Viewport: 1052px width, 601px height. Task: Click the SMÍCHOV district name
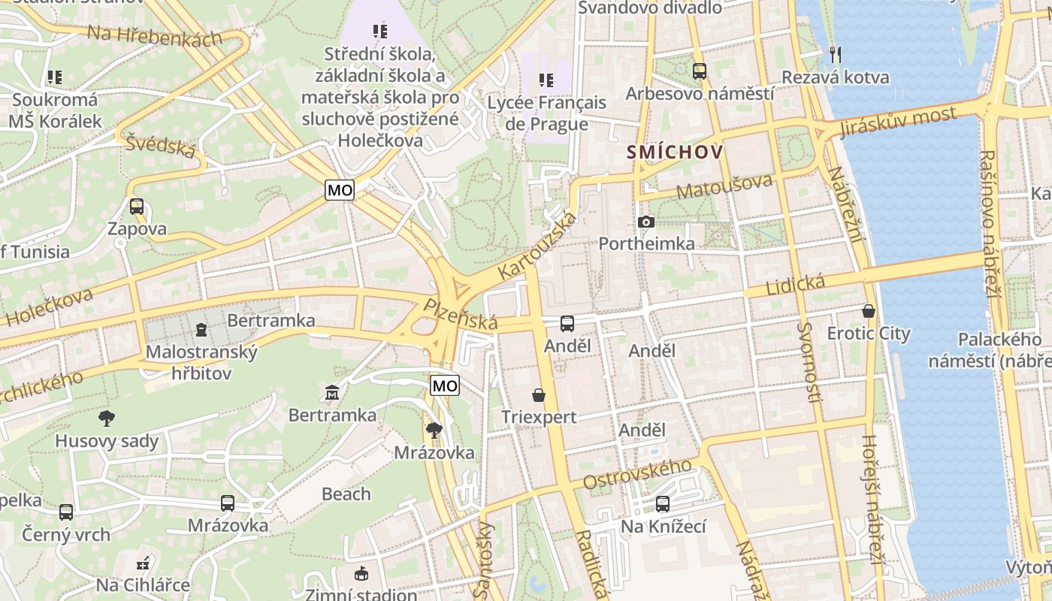pyautogui.click(x=675, y=153)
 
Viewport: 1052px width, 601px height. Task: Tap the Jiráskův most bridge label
pyautogui.click(x=898, y=122)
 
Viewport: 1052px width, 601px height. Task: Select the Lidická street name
pyautogui.click(x=795, y=285)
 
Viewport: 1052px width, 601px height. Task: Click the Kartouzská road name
pyautogui.click(x=539, y=247)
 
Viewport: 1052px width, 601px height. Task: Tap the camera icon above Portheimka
pyautogui.click(x=645, y=222)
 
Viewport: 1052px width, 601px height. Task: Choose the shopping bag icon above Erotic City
pyautogui.click(x=869, y=310)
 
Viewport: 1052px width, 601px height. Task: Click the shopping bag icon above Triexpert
pyautogui.click(x=538, y=394)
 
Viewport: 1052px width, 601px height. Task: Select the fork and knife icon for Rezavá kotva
pyautogui.click(x=835, y=54)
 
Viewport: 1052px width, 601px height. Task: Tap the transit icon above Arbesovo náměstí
pyautogui.click(x=700, y=71)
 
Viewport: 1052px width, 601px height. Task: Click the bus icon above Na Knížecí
pyautogui.click(x=662, y=504)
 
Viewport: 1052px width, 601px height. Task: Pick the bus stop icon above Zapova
pyautogui.click(x=136, y=206)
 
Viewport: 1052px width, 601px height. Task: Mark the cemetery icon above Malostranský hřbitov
pyautogui.click(x=201, y=329)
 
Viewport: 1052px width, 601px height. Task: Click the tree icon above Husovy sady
pyautogui.click(x=106, y=418)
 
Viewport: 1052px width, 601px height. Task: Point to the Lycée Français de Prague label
pyautogui.click(x=546, y=113)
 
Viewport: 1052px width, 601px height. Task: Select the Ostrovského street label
pyautogui.click(x=637, y=475)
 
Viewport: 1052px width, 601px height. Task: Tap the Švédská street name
pyautogui.click(x=161, y=146)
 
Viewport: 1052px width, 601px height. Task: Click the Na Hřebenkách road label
pyautogui.click(x=154, y=36)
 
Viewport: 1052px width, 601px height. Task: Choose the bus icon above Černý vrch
pyautogui.click(x=66, y=512)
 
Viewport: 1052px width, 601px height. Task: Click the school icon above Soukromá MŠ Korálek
pyautogui.click(x=54, y=77)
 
